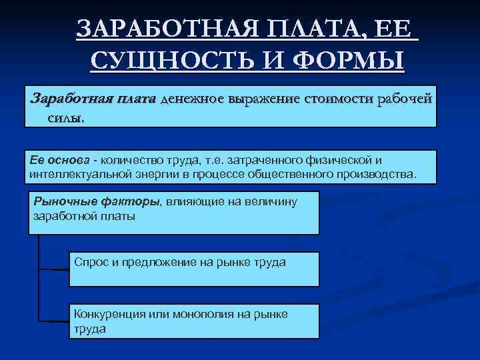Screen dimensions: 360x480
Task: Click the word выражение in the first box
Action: tap(264, 100)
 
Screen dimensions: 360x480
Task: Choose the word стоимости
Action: tap(339, 100)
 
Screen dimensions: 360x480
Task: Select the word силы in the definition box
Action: tap(65, 117)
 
